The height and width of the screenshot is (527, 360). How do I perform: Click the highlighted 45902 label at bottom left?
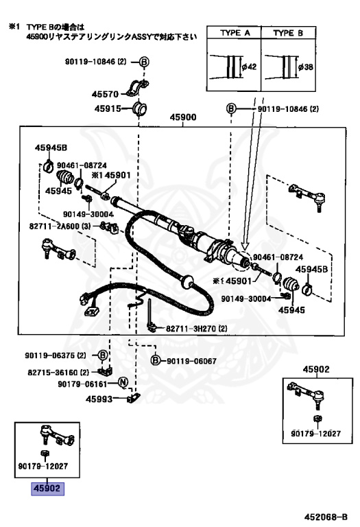[x=47, y=489]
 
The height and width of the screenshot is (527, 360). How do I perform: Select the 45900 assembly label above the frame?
[x=183, y=117]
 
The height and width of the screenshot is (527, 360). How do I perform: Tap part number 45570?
[x=105, y=94]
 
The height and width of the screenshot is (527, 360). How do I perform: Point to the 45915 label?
[x=108, y=108]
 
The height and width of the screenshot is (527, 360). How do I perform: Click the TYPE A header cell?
[x=234, y=33]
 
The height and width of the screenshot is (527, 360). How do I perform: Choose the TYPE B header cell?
[x=288, y=33]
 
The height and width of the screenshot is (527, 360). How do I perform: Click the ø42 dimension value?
[x=249, y=67]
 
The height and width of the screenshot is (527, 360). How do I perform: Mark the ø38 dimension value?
[x=306, y=67]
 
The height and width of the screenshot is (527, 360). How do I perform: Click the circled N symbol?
[x=123, y=382]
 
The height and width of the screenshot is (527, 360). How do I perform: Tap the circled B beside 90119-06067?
[x=155, y=361]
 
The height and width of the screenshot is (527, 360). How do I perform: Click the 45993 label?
[x=99, y=399]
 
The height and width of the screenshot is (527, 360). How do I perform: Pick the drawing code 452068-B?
[x=326, y=517]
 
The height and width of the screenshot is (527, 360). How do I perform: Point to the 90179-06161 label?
[x=82, y=384]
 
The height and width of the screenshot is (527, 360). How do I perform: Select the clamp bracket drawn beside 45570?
[x=138, y=88]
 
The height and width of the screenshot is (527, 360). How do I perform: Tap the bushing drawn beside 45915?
[x=140, y=108]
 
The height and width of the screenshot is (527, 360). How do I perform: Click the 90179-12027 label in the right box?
[x=315, y=434]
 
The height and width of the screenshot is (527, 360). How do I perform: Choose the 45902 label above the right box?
[x=316, y=369]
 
